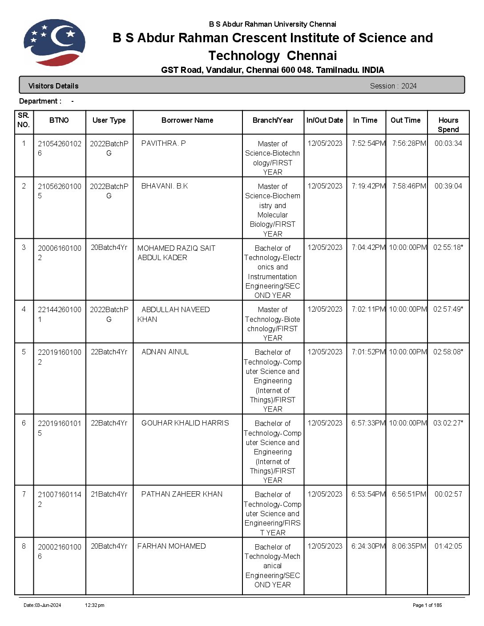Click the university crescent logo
pos(54,43)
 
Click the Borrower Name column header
pos(187,120)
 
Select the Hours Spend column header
pos(448,125)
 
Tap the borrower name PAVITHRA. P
pos(163,144)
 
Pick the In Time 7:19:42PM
pos(368,186)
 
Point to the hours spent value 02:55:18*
pos(448,248)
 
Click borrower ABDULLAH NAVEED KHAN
pos(173,314)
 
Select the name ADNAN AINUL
pos(165,352)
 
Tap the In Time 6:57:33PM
pos(368,423)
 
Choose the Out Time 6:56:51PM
pos(409,494)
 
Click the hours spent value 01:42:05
pos(448,546)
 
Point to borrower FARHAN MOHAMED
pos(171,546)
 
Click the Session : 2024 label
pos(393,86)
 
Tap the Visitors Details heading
pos(53,86)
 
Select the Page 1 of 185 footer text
pos(427,605)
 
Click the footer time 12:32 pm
pos(95,605)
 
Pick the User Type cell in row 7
pos(109,494)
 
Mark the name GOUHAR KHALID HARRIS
pos(185,423)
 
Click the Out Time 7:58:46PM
pos(409,186)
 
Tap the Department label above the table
pos(40,101)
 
